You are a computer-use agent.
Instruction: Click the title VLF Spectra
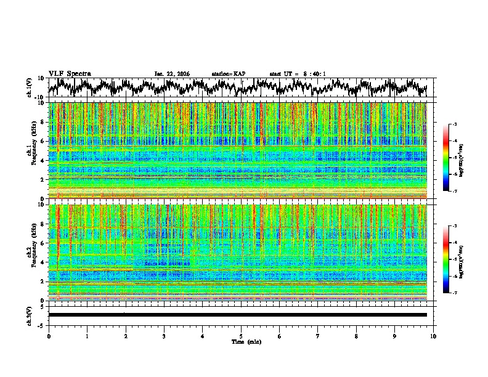pos(70,73)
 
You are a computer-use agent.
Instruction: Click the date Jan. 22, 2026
pos(172,74)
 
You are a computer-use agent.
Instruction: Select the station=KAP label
pos(229,74)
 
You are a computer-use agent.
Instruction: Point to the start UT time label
pos(298,74)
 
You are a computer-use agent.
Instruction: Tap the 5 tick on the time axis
pos(241,336)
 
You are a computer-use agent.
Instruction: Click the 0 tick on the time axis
pos(49,336)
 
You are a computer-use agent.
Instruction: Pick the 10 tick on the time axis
pos(433,336)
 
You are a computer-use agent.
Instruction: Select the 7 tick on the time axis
pos(318,336)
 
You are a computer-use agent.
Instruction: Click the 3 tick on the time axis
pos(164,336)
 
